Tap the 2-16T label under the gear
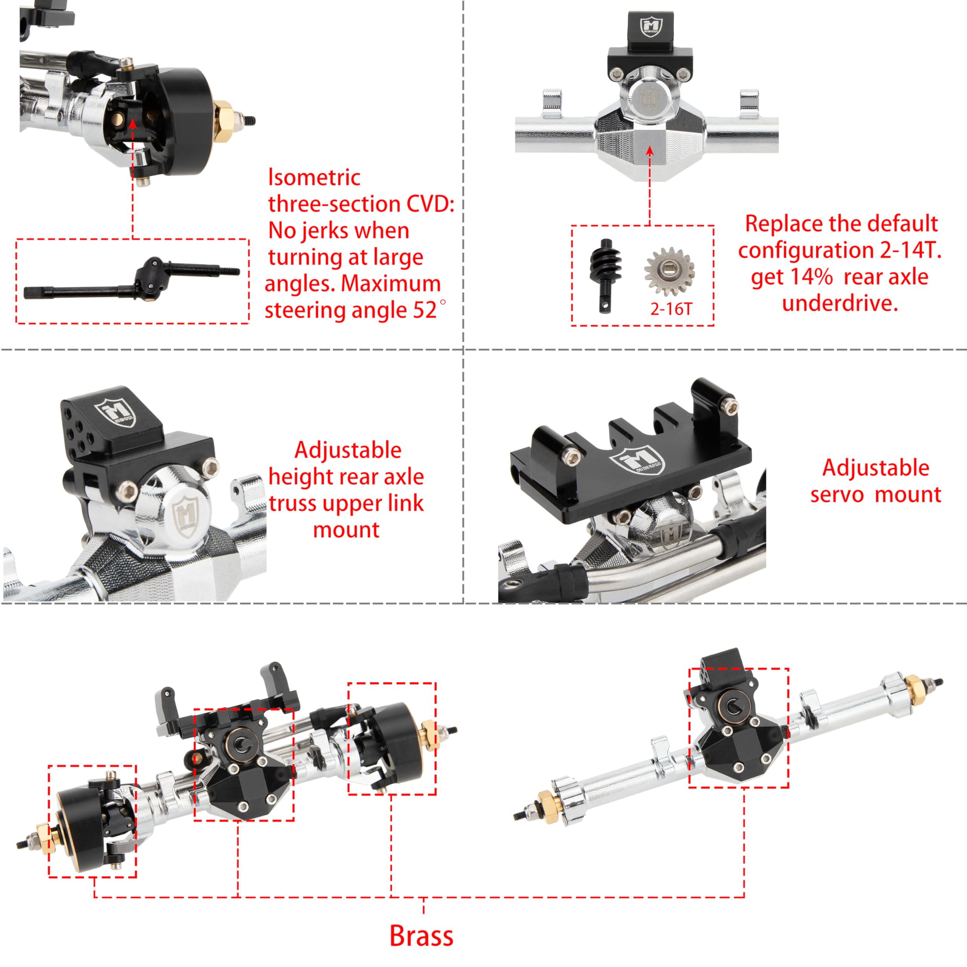click(671, 309)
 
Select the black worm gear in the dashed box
click(606, 275)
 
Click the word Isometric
click(314, 177)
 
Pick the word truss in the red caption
click(294, 503)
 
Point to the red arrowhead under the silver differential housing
click(649, 151)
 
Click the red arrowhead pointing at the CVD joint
click(133, 123)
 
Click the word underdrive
click(840, 303)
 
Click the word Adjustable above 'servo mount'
click(876, 468)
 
